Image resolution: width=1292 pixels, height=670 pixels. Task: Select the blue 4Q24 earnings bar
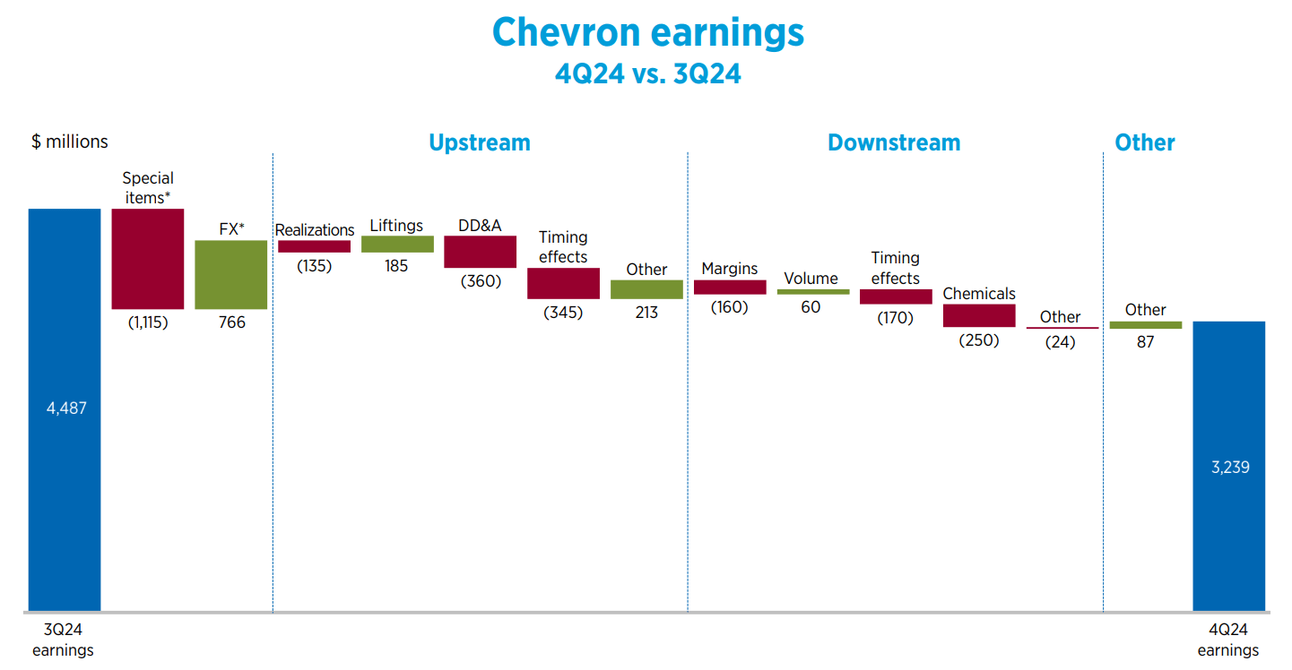[1228, 466]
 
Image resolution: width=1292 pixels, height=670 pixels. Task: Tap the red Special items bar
[148, 259]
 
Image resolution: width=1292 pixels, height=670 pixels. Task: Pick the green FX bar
[230, 274]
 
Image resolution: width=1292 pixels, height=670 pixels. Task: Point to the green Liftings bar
[397, 244]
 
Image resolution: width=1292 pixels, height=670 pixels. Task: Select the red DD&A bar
[480, 252]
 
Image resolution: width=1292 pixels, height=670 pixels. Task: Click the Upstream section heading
[479, 142]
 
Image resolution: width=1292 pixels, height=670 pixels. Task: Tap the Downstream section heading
[893, 142]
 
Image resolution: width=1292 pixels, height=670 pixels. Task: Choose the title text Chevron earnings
[647, 32]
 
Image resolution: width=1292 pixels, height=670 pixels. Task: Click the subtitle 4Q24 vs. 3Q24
[647, 73]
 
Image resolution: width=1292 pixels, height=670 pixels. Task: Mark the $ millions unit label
[70, 142]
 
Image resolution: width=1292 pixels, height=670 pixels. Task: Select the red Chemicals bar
[979, 315]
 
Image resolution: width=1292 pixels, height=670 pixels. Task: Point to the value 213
[646, 313]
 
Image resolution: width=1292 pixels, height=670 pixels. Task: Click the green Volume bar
[813, 292]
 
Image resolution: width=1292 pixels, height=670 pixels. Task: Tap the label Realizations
[315, 230]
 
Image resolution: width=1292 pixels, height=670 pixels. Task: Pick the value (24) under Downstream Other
[1061, 341]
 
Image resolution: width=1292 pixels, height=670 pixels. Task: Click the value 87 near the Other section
[1145, 341]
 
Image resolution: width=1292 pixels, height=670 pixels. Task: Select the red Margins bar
[730, 288]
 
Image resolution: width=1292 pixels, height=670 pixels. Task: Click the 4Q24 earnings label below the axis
[1228, 641]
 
